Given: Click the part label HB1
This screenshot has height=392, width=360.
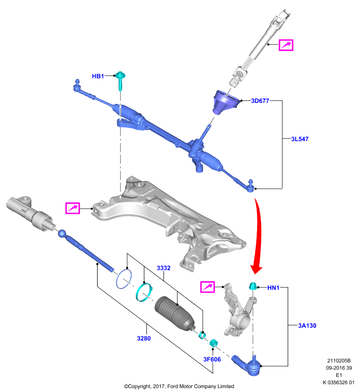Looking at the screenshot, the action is pyautogui.click(x=98, y=76).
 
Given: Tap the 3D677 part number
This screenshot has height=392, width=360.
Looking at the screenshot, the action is pyautogui.click(x=260, y=101).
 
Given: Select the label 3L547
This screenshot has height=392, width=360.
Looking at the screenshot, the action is pyautogui.click(x=300, y=139).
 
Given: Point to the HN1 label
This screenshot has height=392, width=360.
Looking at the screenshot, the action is pyautogui.click(x=273, y=288).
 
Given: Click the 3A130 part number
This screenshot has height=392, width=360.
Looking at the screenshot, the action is pyautogui.click(x=307, y=325).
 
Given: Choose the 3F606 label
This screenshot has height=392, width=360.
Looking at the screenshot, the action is pyautogui.click(x=212, y=359).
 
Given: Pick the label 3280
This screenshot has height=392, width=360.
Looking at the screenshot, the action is pyautogui.click(x=144, y=338).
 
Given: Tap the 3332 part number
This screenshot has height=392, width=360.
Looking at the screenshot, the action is pyautogui.click(x=164, y=268).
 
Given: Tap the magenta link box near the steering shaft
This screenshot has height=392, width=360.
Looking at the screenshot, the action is pyautogui.click(x=286, y=45).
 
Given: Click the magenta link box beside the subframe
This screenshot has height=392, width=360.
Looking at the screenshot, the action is pyautogui.click(x=73, y=208).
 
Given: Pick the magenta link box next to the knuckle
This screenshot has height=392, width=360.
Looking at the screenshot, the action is pyautogui.click(x=207, y=287).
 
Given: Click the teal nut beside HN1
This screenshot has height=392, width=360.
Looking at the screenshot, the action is pyautogui.click(x=253, y=286).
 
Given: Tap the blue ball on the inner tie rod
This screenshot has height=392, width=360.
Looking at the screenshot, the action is pyautogui.click(x=62, y=234).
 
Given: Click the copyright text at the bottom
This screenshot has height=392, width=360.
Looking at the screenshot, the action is pyautogui.click(x=179, y=386).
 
